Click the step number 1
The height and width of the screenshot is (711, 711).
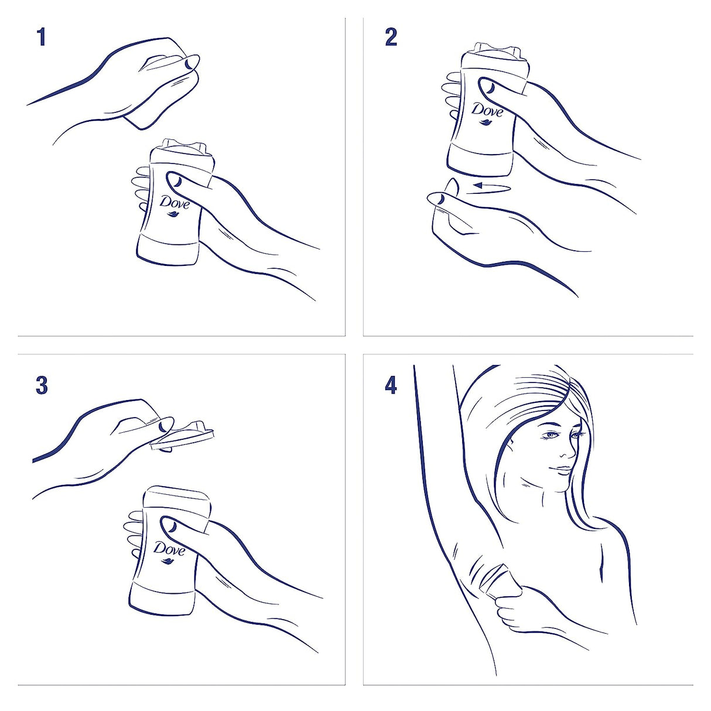click(41, 37)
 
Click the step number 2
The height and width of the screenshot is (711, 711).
click(391, 37)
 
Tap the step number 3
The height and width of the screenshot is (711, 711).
click(42, 385)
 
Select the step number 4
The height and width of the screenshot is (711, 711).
click(391, 385)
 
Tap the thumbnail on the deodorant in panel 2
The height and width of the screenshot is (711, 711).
click(487, 87)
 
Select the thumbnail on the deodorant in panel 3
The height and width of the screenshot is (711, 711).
click(170, 525)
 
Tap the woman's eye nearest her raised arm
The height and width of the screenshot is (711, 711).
click(551, 435)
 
